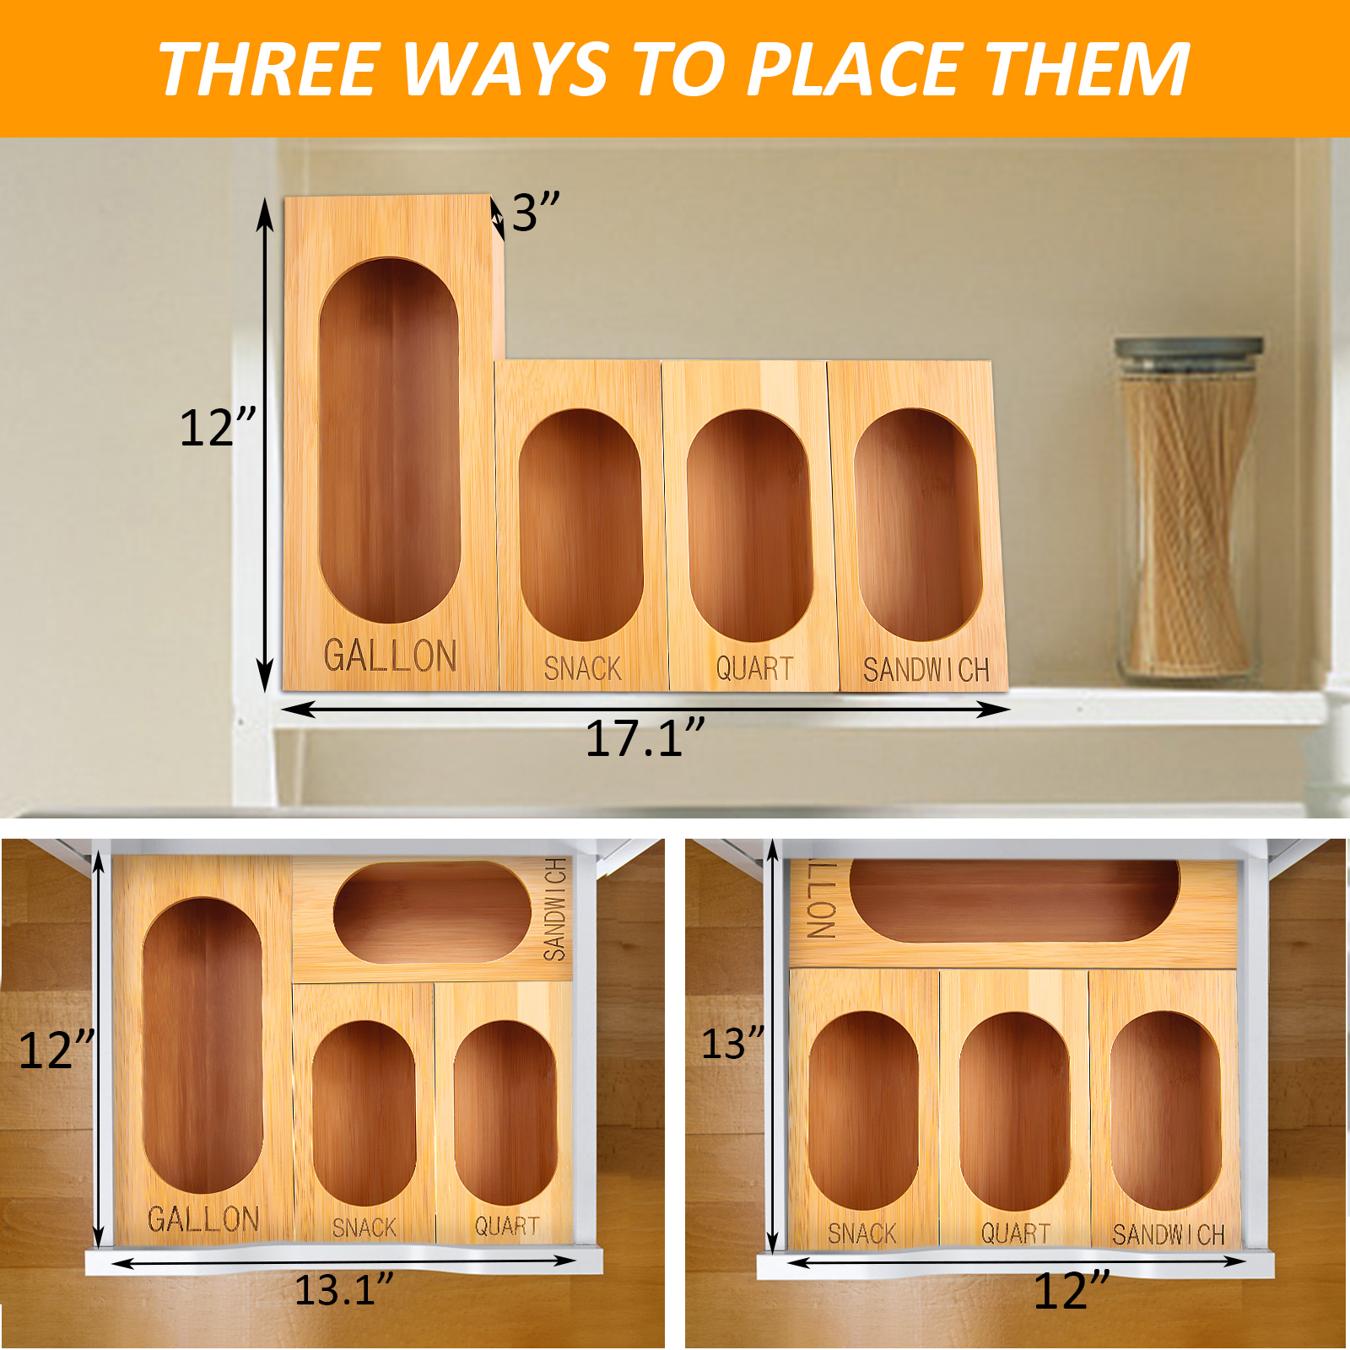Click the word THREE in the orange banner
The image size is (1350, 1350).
click(x=267, y=70)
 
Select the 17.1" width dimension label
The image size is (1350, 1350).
click(x=645, y=739)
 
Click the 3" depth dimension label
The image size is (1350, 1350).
click(x=536, y=212)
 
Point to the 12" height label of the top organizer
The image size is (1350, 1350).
click(x=219, y=427)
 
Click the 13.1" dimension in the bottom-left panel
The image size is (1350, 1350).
click(x=344, y=1289)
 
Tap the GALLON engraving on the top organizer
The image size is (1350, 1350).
click(x=391, y=656)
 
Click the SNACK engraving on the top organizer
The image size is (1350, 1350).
click(x=583, y=669)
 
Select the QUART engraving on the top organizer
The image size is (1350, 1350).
click(x=755, y=669)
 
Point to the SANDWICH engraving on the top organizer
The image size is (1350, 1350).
click(x=926, y=670)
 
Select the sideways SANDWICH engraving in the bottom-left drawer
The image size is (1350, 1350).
click(x=554, y=910)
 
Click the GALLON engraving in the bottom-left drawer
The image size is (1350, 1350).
click(x=203, y=1219)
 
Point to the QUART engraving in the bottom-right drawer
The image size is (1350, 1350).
click(x=1016, y=1234)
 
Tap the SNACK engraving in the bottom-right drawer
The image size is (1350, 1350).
click(x=861, y=1234)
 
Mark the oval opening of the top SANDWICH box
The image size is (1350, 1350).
click(x=918, y=525)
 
